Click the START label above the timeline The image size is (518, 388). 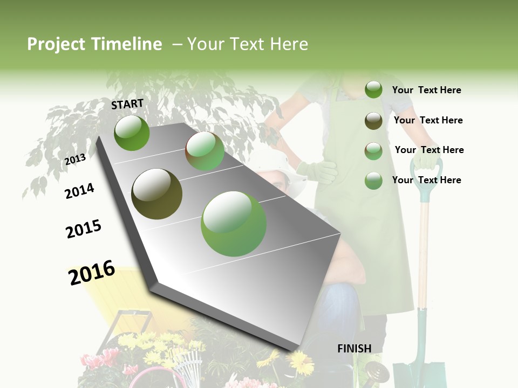127,104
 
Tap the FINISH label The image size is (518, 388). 355,348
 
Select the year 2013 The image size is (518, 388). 76,159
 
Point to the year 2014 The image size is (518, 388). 80,191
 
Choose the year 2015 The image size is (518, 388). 84,229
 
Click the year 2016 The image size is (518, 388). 92,272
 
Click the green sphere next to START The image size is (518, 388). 132,133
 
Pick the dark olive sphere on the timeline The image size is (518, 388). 157,194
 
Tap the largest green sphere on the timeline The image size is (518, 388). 234,224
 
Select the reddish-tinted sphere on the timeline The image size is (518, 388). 205,151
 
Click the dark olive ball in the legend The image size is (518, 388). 373,121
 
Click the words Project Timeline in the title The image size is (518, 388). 94,44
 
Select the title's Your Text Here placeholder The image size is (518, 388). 247,44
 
